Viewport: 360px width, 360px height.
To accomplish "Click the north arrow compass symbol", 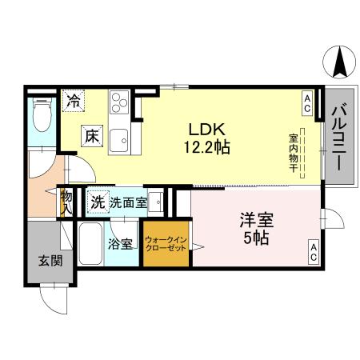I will click(341, 61).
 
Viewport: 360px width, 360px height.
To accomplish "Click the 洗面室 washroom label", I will click(128, 203).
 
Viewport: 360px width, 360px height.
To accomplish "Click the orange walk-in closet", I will click(166, 245).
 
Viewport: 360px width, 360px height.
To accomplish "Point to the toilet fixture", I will click(41, 119).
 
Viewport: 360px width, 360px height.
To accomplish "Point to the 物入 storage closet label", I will click(66, 201).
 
